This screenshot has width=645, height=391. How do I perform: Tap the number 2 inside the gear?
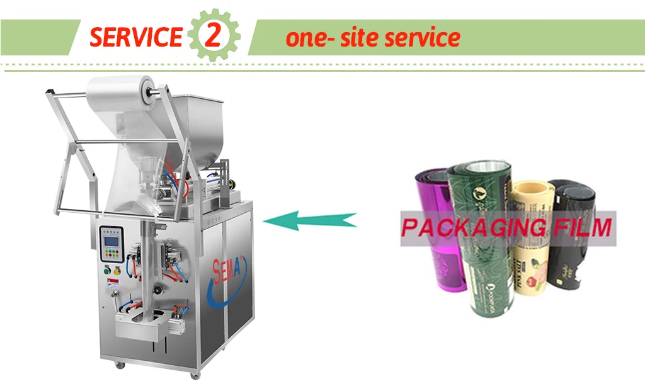214,37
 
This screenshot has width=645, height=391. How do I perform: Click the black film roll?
569,264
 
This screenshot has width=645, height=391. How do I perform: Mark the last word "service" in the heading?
422,38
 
